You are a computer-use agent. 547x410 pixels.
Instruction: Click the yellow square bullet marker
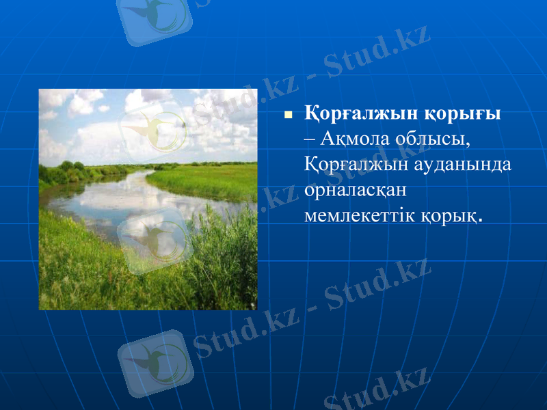click(x=288, y=115)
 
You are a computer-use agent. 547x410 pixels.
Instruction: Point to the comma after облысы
click(x=470, y=143)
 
